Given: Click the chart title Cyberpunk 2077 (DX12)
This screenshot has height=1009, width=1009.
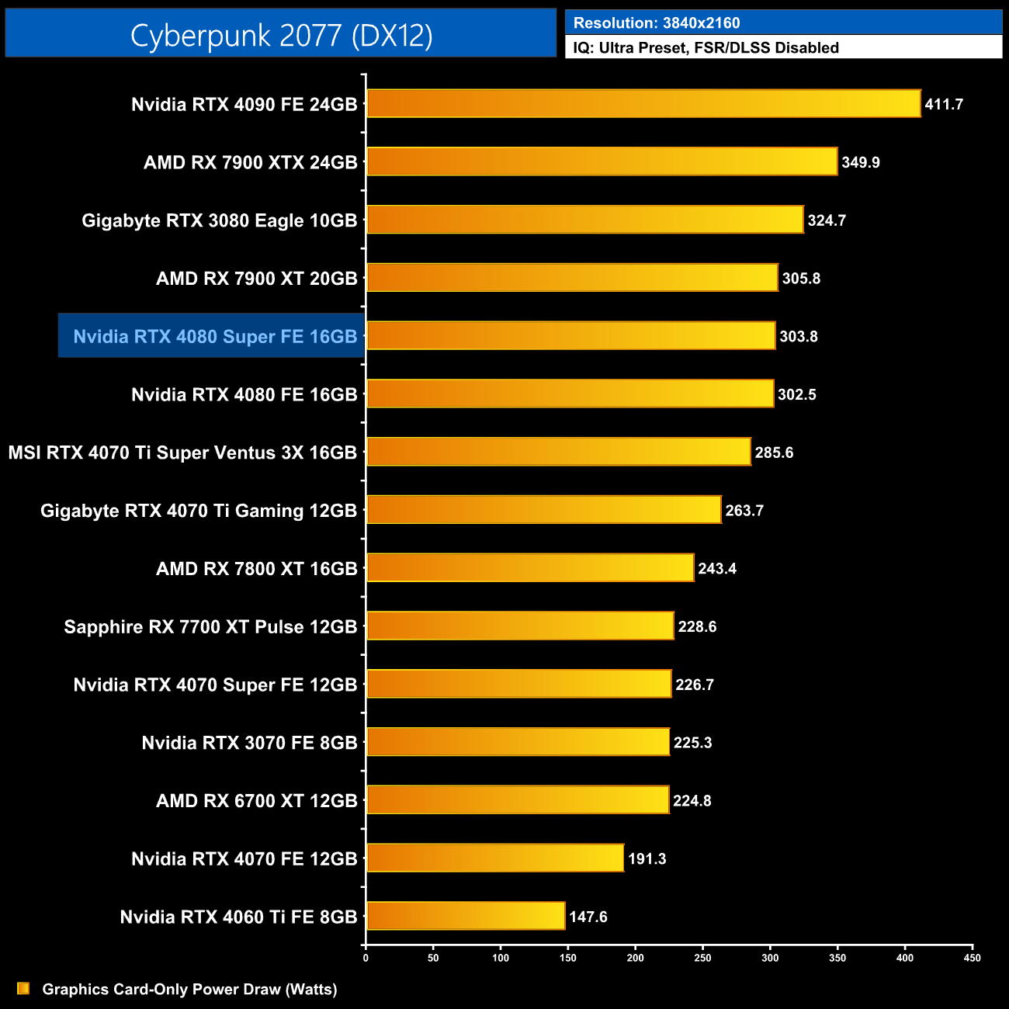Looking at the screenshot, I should (281, 35).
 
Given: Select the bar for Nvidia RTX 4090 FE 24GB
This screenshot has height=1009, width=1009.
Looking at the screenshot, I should (643, 104).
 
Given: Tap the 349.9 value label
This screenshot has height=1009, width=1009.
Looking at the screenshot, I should (860, 162).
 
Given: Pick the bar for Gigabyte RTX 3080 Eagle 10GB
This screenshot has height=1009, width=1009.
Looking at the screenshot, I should (584, 220).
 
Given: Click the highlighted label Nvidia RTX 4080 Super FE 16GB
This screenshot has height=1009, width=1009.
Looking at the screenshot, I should (215, 336).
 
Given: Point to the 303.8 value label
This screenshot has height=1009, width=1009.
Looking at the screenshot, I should (798, 336).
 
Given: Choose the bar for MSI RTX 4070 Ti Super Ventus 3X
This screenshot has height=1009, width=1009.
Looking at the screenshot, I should (558, 452).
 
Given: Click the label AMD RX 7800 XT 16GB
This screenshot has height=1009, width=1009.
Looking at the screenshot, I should (256, 569).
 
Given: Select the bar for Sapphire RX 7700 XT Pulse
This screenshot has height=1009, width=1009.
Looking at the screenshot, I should (520, 626).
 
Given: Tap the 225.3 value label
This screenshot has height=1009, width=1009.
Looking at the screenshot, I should (692, 743).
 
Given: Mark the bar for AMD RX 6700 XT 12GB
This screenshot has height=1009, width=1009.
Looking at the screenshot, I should (517, 800).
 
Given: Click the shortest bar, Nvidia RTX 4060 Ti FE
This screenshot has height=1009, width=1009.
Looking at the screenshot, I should (466, 916).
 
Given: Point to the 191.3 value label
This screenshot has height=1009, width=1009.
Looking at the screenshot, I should (647, 858).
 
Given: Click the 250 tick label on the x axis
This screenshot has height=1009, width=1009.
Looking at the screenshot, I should (702, 958).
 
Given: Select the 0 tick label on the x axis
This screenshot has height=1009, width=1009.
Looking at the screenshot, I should (366, 958).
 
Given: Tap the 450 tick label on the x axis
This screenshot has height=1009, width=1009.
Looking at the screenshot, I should (972, 958).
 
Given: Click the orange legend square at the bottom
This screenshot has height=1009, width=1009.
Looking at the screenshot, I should (23, 988).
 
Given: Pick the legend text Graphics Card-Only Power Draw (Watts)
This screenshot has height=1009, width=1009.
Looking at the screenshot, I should (189, 989).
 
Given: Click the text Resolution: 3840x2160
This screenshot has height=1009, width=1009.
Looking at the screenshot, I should (656, 23).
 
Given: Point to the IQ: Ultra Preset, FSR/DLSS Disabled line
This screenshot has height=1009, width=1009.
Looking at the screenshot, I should (706, 47).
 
